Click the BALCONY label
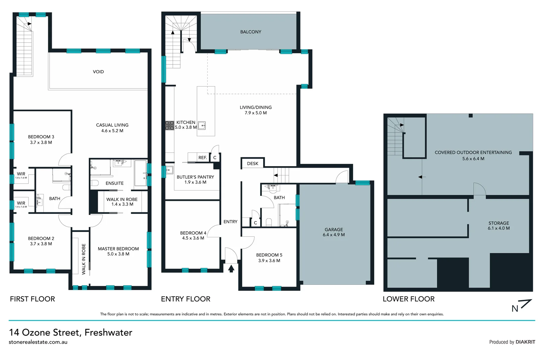(250, 32)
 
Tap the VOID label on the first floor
(98, 72)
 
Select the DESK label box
(252, 163)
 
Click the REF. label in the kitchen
(203, 157)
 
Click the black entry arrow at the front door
(231, 268)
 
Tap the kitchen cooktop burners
(170, 125)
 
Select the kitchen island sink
(202, 125)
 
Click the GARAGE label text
(334, 230)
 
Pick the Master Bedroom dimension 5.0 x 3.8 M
(118, 254)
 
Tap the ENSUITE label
(114, 183)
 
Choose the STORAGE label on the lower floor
(499, 223)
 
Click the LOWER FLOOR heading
(409, 299)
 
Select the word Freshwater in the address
(108, 332)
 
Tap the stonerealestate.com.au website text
(38, 342)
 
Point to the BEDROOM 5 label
(269, 255)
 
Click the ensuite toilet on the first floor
(95, 183)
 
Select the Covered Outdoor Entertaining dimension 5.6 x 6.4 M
(473, 159)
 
